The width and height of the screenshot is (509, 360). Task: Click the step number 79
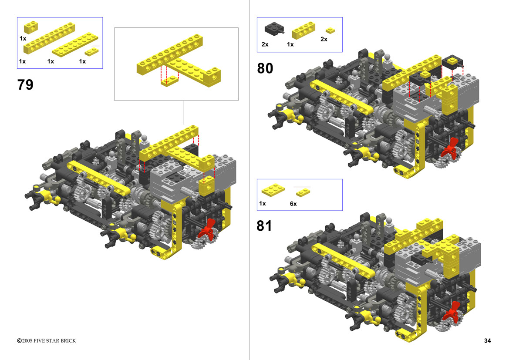pos(25,85)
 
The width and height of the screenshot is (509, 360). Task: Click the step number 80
pos(265,68)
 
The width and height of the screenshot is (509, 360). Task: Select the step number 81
pos(264,226)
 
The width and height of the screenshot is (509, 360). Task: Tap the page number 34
pos(487,340)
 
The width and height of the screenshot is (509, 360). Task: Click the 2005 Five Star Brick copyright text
pos(47,340)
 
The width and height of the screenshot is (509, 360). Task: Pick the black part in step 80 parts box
pos(274,29)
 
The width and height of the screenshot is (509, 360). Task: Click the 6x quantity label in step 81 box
pos(293,204)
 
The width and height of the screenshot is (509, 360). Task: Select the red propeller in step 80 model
pos(450,148)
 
